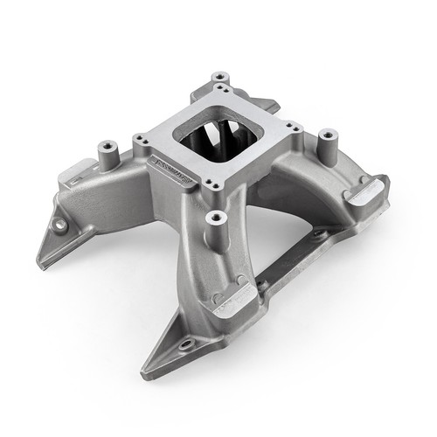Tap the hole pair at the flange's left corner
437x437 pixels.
tap(140, 139)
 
